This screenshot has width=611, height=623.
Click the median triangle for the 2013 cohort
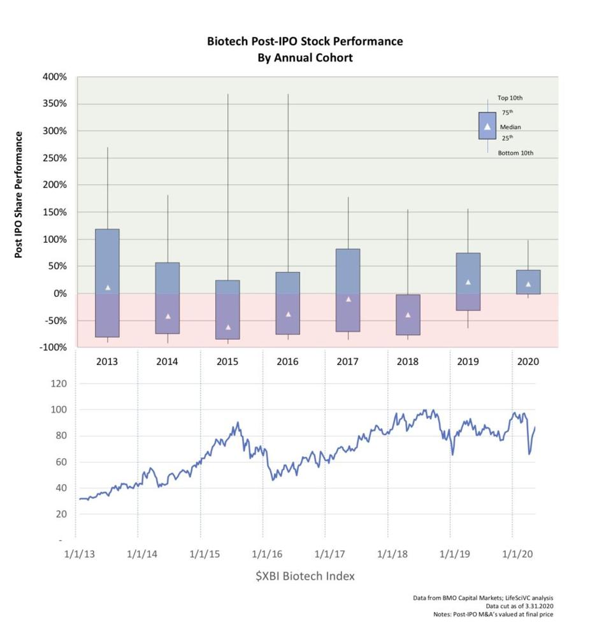[x=108, y=287]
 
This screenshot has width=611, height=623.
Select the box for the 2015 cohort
[x=227, y=310]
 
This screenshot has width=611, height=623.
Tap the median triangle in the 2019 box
[x=468, y=282]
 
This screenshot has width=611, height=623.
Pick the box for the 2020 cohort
[x=528, y=282]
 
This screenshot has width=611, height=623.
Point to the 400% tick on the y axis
[x=55, y=77]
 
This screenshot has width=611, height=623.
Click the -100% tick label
[x=54, y=348]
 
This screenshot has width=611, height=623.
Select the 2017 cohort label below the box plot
[x=348, y=362]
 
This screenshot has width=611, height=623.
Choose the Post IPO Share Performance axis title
[x=19, y=195]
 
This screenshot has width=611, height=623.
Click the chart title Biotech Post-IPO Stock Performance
[x=305, y=41]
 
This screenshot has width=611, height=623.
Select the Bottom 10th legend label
[x=515, y=153]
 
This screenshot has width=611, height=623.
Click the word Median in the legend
[x=510, y=127]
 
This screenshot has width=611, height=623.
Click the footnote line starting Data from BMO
[x=483, y=598]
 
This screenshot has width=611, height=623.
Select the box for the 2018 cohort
[x=408, y=315]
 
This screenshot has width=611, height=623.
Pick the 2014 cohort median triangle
[x=168, y=316]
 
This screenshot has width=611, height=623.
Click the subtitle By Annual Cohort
[x=305, y=57]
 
